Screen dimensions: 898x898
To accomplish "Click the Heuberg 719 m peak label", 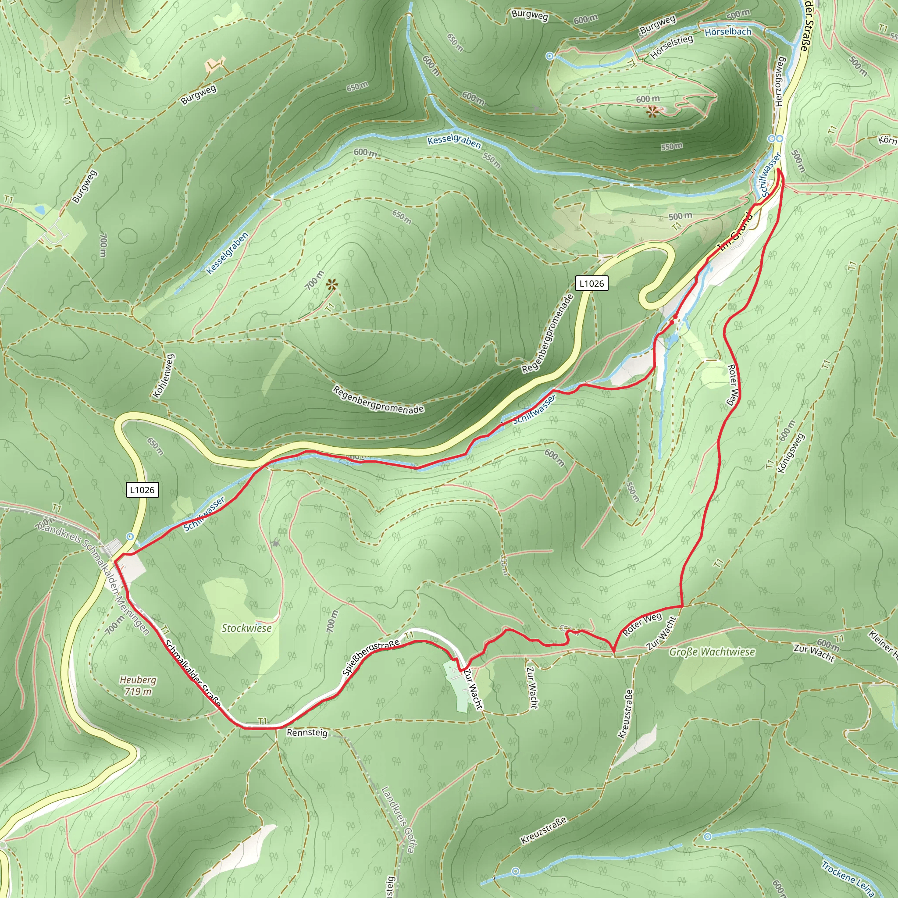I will pos(138,686).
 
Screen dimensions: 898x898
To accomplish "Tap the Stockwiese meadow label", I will pos(246,628).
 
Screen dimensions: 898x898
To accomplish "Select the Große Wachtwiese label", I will pos(712,652).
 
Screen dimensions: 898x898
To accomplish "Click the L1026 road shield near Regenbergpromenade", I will pos(592,283).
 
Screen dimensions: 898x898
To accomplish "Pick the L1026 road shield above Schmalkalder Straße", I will pos(142,490).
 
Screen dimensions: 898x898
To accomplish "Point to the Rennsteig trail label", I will pos(307,733).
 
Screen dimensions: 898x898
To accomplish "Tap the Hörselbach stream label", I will pos(728,32).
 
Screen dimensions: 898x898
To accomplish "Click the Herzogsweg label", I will pos(780,82).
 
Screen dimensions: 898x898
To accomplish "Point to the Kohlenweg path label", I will pos(163,376).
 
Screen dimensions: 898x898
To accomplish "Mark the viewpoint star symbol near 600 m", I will pos(652,111).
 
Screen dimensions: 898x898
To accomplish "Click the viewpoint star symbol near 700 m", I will pos(331,285).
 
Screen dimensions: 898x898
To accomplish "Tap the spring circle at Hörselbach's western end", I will pos(550,56).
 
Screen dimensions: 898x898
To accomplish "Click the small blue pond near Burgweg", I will pos(39,210).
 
